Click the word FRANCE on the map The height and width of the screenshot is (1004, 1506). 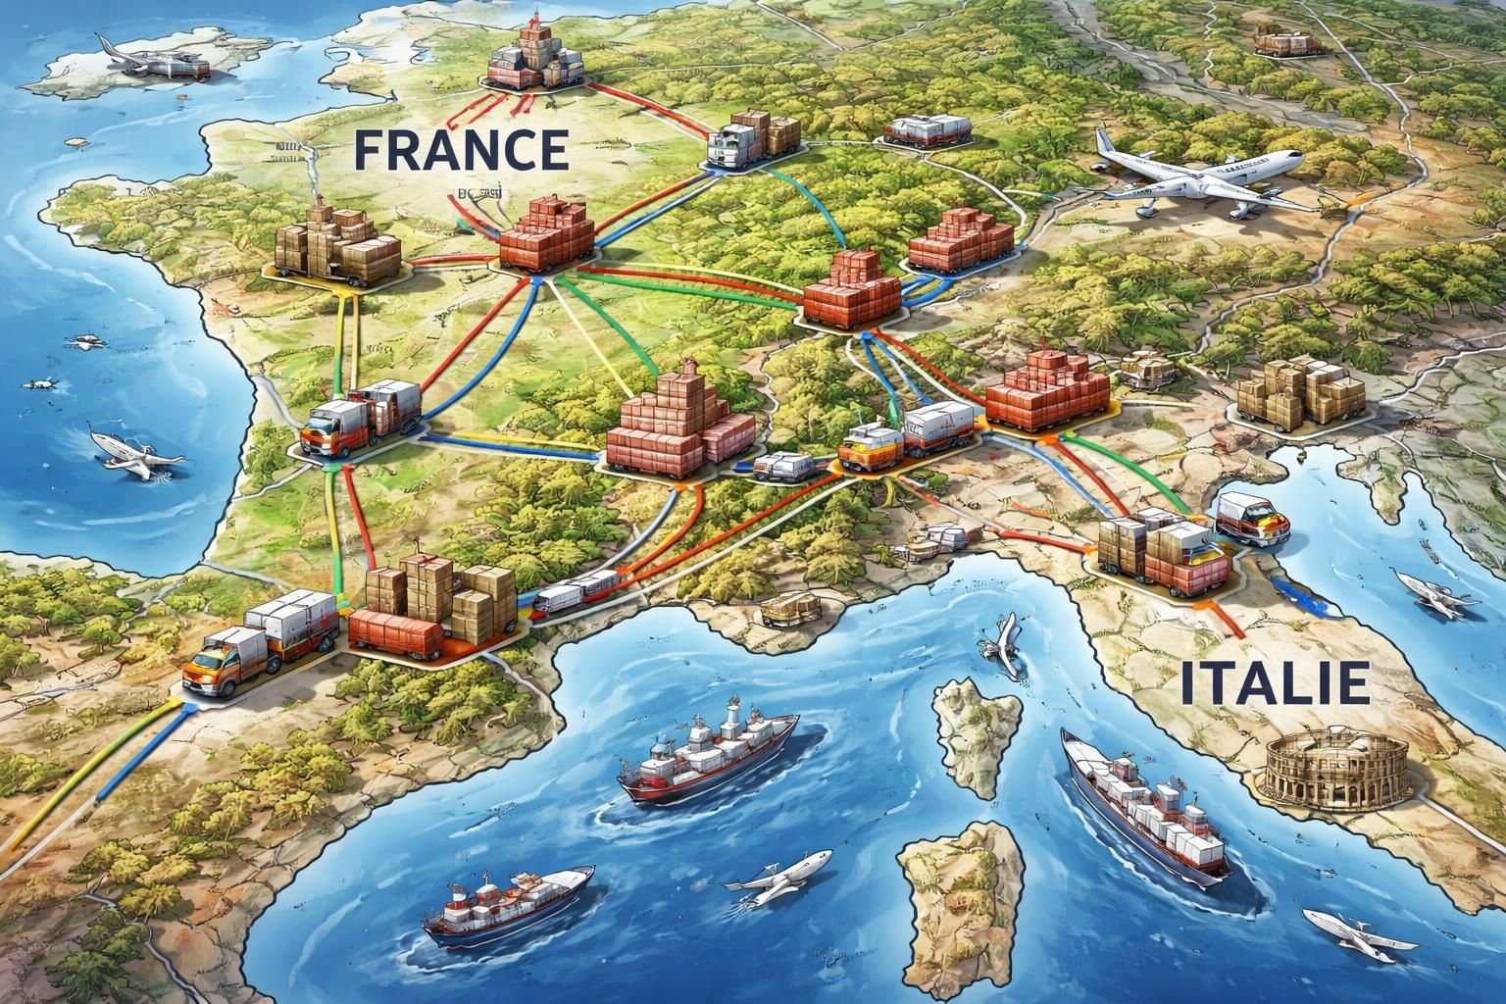(x=459, y=149)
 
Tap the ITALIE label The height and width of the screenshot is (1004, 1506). (x=1275, y=682)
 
